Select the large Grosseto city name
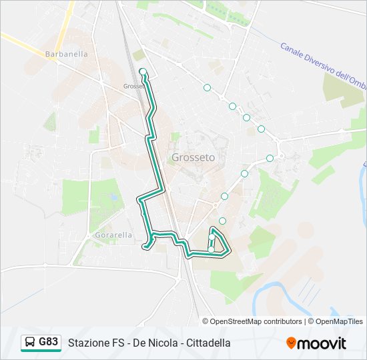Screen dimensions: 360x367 click(194, 158)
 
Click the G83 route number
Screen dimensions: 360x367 click(48, 342)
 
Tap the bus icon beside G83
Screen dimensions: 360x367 click(30, 343)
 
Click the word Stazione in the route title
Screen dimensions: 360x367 click(89, 343)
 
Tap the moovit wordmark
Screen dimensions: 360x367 click(323, 343)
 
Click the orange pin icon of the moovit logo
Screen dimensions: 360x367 click(292, 343)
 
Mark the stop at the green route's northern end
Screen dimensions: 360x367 click(143, 71)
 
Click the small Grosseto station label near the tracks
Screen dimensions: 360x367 click(133, 86)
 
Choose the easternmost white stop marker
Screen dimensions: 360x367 click(270, 158)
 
